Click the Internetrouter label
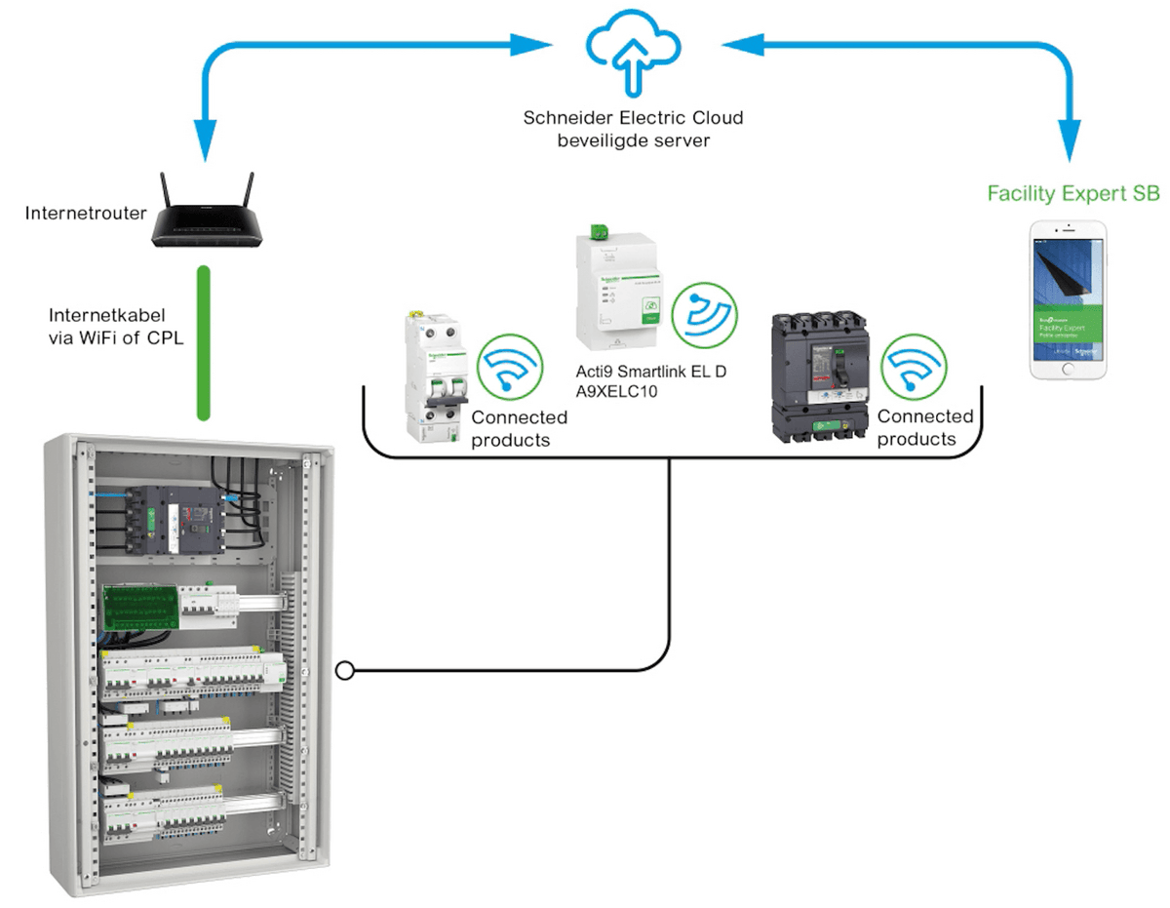85,212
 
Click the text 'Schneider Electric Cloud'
633,119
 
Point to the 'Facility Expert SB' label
1075,194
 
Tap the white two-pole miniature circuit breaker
432,375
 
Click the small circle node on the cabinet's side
344,671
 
